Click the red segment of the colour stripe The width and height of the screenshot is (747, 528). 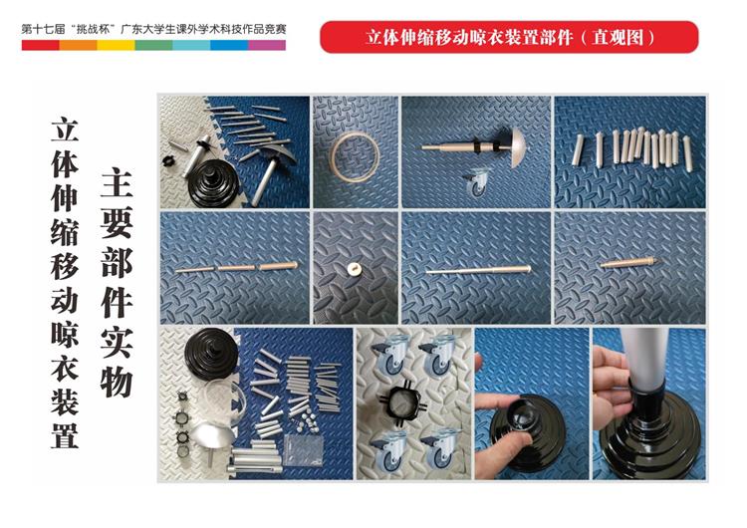tap(41, 45)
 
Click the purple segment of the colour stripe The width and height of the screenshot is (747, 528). tap(267, 45)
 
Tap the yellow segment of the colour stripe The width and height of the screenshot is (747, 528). tap(116, 45)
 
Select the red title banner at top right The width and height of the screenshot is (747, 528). tap(509, 37)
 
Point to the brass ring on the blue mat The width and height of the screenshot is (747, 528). tap(356, 156)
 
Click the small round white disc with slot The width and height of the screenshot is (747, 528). tap(354, 269)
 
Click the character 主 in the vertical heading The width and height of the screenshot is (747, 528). tap(117, 182)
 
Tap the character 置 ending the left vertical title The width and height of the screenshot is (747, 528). tap(65, 433)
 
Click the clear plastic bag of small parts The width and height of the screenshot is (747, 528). tap(303, 449)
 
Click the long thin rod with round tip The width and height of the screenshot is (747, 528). tap(478, 270)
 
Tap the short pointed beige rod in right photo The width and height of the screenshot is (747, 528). tap(629, 262)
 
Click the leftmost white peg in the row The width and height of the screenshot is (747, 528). tap(578, 149)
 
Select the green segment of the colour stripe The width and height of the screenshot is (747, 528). tap(153, 45)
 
